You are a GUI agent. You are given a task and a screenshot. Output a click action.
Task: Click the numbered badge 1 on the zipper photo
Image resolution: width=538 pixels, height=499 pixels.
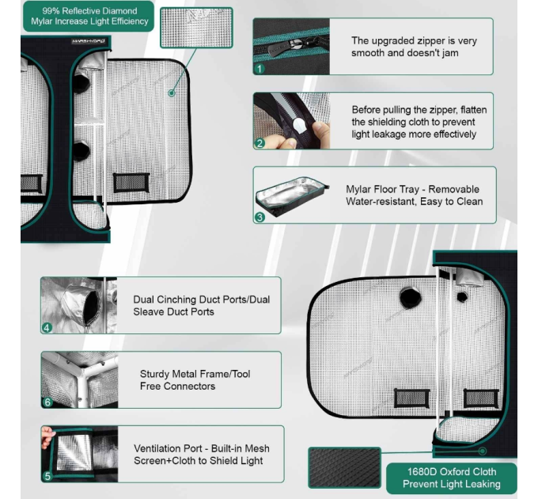tap(260, 69)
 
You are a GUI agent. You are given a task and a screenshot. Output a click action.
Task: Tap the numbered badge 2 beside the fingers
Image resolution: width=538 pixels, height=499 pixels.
tap(260, 143)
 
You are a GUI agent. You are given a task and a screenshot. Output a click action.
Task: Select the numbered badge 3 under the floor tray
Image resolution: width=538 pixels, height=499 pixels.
tap(260, 217)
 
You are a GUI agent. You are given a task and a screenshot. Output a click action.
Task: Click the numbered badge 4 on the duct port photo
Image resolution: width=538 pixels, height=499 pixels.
tap(47, 328)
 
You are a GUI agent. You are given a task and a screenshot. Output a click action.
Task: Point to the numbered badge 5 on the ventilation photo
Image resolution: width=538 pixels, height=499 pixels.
tap(47, 476)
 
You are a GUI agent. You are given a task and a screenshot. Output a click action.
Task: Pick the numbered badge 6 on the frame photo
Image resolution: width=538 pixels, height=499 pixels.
tap(47, 402)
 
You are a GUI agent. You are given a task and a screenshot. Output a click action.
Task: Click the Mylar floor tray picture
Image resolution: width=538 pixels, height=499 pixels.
tap(292, 196)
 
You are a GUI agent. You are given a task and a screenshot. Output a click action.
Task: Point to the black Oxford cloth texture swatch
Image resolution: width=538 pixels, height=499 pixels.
tap(344, 467)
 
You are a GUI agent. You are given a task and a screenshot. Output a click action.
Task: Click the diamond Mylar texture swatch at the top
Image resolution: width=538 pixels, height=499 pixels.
tap(196, 28)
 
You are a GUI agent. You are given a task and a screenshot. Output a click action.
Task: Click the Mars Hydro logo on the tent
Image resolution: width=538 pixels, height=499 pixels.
tap(89, 41)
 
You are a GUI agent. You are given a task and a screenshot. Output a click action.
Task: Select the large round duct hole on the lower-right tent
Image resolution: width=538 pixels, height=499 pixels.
tap(411, 297)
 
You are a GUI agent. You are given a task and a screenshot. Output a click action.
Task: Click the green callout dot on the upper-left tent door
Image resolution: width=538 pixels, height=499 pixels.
tap(172, 93)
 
